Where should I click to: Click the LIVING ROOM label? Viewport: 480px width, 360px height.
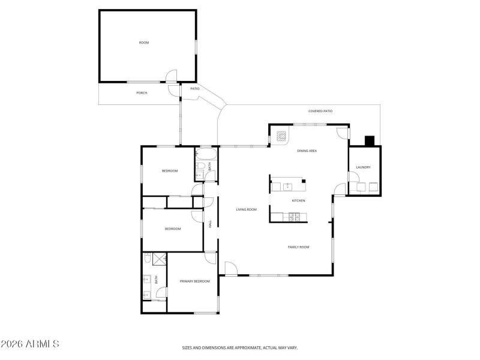246,209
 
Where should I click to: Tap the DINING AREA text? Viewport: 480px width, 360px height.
307,151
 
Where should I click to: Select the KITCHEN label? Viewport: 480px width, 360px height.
298,200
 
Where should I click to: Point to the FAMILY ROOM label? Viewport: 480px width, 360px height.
298,247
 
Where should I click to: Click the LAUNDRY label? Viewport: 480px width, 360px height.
363,167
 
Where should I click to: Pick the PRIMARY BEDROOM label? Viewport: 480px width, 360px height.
195,281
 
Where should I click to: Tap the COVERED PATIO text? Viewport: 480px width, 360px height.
320,111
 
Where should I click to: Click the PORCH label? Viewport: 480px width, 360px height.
142,93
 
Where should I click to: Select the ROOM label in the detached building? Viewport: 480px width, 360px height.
144,43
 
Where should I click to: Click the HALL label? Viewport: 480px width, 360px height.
210,224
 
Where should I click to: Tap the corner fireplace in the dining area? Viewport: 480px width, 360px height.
281,136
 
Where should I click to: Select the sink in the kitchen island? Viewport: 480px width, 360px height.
287,187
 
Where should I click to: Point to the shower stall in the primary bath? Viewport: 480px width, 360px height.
158,259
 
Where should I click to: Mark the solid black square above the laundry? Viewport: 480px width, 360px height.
370,141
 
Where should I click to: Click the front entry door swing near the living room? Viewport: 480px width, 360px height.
232,269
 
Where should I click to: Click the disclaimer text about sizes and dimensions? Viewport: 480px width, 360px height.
240,347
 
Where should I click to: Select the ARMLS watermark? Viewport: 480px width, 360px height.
30,344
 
